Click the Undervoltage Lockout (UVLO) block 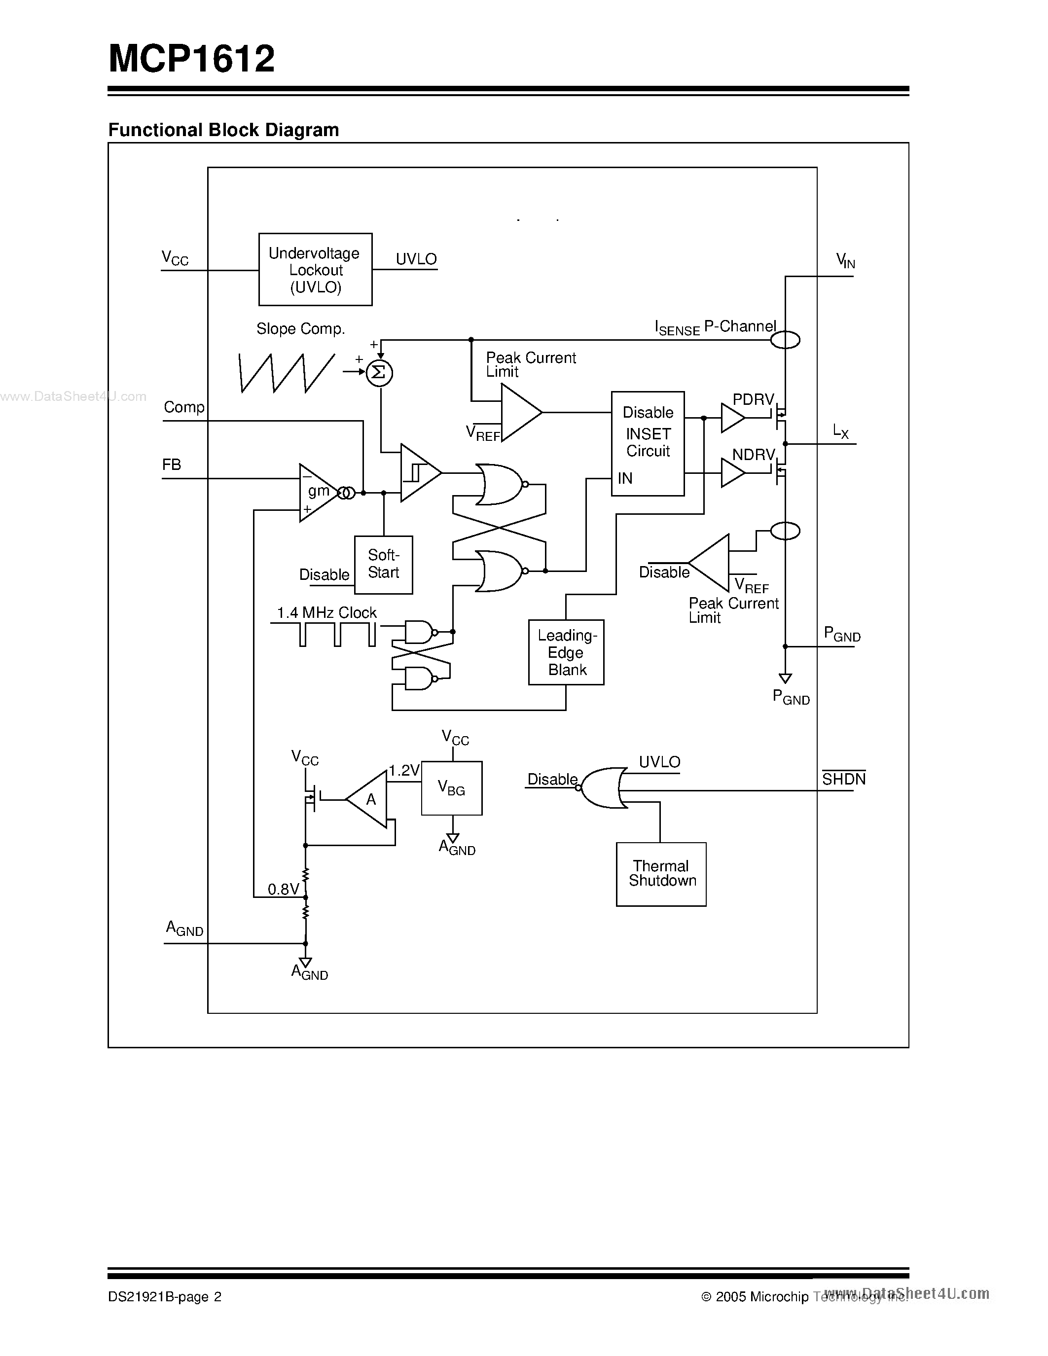(x=316, y=269)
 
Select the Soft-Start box (x=383, y=565)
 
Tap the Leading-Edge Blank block (x=566, y=652)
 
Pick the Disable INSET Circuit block (x=648, y=443)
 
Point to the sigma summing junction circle (x=379, y=372)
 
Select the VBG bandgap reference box (x=451, y=788)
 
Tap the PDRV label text (x=753, y=399)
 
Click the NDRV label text (x=753, y=455)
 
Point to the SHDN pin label (x=843, y=779)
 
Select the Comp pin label (x=184, y=407)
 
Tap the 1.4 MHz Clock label (x=326, y=613)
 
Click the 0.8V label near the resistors (x=283, y=889)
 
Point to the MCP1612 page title (x=192, y=59)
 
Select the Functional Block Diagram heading (x=223, y=130)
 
